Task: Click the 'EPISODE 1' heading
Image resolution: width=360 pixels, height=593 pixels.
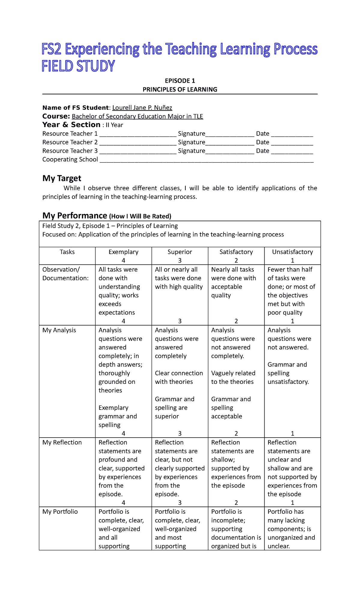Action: tap(180, 81)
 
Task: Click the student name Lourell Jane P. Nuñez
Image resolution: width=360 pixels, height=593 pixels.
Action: tap(142, 108)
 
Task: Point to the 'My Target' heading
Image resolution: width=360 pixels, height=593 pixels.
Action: tap(62, 178)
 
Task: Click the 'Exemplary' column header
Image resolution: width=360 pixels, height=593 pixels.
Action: tap(123, 252)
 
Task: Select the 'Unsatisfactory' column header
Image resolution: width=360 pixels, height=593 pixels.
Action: tap(292, 252)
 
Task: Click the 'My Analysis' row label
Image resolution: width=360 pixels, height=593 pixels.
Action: tap(59, 330)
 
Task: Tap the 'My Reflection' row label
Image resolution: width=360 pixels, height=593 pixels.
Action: tap(62, 442)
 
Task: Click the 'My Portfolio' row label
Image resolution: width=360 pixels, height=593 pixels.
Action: tap(60, 512)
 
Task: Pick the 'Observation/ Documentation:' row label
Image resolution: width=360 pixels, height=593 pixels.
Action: tap(65, 274)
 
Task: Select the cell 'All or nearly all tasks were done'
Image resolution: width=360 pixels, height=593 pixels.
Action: tap(179, 278)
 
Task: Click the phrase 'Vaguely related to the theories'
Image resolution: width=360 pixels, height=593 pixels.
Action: tap(233, 378)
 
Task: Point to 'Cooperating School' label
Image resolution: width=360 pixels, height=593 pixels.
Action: tap(70, 160)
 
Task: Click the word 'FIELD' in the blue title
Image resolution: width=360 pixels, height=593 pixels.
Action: tap(57, 66)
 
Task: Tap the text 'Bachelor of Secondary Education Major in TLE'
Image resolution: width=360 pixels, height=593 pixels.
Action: tap(137, 116)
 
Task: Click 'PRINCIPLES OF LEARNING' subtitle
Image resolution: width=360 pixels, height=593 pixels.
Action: tap(180, 89)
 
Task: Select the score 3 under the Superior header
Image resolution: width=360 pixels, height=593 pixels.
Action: tap(180, 260)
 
